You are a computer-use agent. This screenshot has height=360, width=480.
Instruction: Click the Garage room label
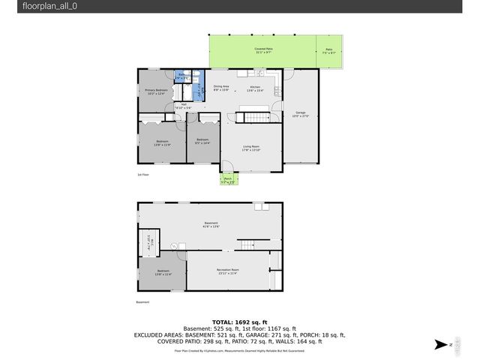(x=300, y=115)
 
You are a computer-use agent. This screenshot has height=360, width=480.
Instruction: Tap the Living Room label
(x=250, y=148)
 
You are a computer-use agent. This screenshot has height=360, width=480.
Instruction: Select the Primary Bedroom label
(x=155, y=91)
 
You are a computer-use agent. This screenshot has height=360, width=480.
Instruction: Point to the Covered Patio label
(x=264, y=50)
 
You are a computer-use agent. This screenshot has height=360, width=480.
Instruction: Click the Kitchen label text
(x=255, y=88)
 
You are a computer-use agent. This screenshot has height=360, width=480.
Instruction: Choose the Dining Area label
(x=221, y=88)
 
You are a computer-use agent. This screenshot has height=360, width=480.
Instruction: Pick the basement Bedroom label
(x=163, y=272)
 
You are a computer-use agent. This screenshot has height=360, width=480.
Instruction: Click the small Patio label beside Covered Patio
(x=329, y=51)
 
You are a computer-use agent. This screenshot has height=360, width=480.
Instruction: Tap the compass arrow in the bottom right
(x=442, y=344)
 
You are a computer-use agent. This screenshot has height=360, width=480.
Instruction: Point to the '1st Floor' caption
(x=142, y=175)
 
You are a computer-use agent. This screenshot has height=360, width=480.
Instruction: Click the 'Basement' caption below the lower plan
(x=142, y=302)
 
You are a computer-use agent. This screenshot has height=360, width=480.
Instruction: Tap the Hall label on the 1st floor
(x=184, y=106)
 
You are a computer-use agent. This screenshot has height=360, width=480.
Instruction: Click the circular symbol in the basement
(x=174, y=245)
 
